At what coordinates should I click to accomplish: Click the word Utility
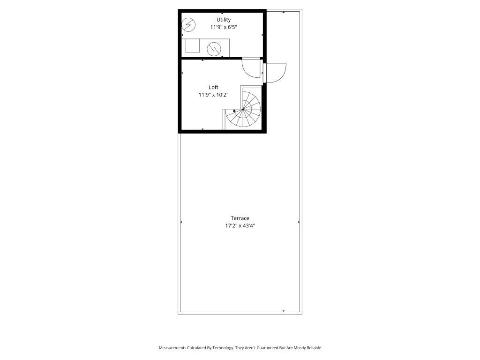(x=223, y=20)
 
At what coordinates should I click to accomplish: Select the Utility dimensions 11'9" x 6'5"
(x=223, y=27)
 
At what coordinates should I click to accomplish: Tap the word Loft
(x=213, y=87)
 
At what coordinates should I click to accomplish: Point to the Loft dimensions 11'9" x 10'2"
(x=213, y=95)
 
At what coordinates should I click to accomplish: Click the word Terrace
(x=240, y=218)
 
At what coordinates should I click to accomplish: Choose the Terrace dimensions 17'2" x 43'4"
(x=240, y=225)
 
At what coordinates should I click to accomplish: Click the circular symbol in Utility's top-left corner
(x=188, y=24)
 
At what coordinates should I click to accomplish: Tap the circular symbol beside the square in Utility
(x=214, y=48)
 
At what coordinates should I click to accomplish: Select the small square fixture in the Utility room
(x=192, y=46)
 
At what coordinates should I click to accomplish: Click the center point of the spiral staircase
(x=243, y=109)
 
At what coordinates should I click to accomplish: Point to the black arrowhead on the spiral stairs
(x=234, y=111)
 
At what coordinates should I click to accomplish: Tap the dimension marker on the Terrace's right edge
(x=299, y=222)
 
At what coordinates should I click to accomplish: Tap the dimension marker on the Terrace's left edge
(x=181, y=222)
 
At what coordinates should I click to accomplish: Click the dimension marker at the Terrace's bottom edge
(x=284, y=311)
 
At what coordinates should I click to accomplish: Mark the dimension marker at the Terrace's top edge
(x=284, y=12)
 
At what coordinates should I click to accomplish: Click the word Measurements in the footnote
(x=173, y=348)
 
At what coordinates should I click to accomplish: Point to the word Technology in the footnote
(x=222, y=348)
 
